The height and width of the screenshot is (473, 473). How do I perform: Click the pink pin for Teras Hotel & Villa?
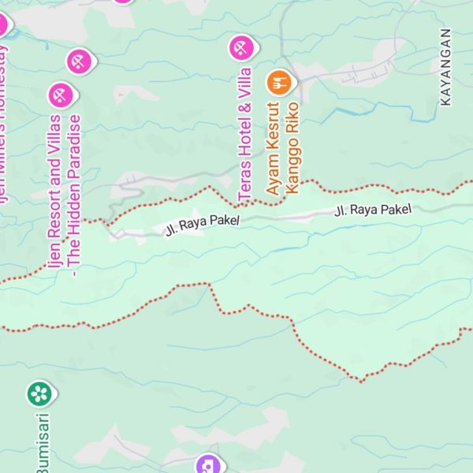click(240, 48)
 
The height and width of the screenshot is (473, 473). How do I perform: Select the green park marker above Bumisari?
click(39, 393)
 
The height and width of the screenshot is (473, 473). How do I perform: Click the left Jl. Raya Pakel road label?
click(202, 225)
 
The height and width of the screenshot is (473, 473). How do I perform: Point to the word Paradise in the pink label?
click(74, 145)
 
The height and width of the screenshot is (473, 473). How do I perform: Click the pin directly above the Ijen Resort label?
click(60, 95)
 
